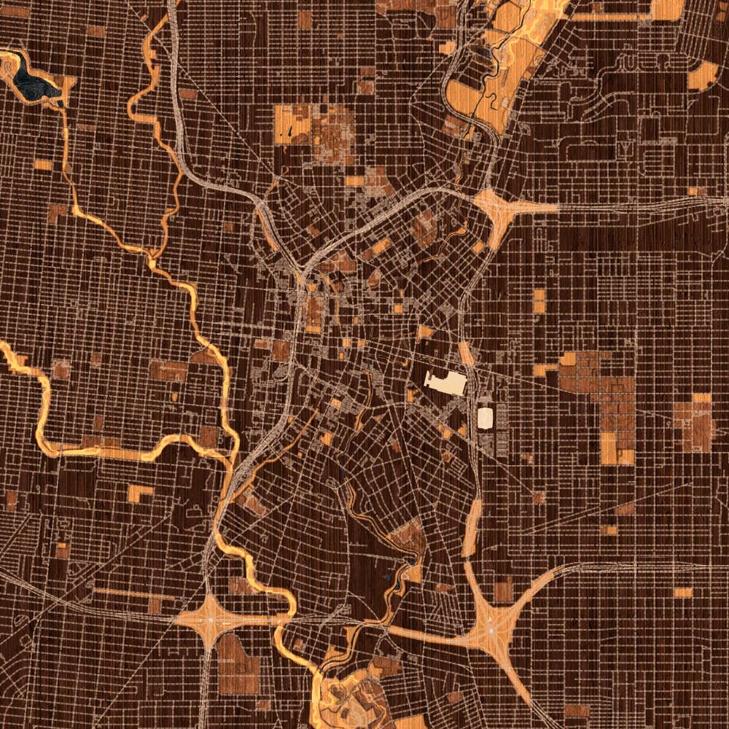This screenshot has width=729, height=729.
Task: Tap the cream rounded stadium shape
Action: pos(485,418)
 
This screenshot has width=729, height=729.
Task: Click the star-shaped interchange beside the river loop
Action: pos(210,620)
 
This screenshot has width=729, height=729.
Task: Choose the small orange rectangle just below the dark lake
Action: pos(42,165)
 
